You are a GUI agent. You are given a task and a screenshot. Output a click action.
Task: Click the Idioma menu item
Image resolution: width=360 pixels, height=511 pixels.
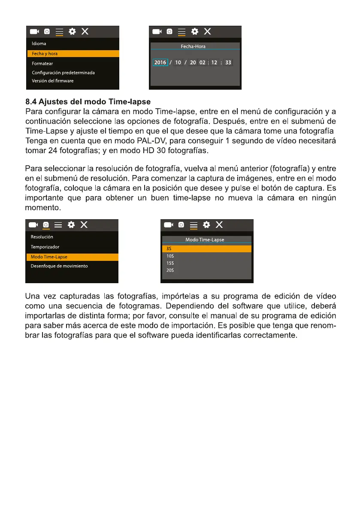click(39, 43)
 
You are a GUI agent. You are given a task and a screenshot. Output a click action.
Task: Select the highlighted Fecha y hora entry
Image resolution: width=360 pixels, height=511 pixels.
click(45, 54)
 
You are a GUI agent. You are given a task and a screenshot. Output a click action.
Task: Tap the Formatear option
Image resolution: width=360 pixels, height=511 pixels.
click(42, 63)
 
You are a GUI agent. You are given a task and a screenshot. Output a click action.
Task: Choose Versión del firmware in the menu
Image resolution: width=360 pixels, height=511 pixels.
click(53, 81)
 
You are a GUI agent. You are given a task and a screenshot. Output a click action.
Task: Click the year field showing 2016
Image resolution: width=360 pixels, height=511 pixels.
click(160, 62)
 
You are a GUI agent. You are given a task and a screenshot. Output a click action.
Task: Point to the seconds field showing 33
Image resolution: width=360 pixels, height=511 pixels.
click(228, 62)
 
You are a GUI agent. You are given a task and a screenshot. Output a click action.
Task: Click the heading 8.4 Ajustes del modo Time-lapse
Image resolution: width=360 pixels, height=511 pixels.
click(88, 102)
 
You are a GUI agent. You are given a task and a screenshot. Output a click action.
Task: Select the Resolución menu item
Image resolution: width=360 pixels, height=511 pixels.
click(42, 237)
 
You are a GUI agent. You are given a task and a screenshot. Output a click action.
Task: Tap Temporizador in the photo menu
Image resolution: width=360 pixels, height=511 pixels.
click(45, 247)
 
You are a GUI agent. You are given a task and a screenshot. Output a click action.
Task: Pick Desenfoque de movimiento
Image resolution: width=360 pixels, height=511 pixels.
click(59, 266)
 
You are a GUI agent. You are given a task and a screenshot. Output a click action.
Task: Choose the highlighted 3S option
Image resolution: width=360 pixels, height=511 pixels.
click(170, 248)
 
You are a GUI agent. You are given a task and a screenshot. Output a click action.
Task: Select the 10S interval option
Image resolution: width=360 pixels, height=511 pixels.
click(170, 256)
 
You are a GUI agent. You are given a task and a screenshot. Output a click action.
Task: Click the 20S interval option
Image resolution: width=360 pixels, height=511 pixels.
click(170, 270)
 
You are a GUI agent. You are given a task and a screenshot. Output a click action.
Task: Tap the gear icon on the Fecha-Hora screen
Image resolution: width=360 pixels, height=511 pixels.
click(195, 31)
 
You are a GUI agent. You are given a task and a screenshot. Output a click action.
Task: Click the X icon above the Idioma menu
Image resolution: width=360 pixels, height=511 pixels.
click(85, 31)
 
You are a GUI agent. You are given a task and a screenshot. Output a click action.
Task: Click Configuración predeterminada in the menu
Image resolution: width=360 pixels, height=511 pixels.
click(64, 73)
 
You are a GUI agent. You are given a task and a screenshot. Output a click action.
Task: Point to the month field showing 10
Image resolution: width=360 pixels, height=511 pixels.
click(178, 62)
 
